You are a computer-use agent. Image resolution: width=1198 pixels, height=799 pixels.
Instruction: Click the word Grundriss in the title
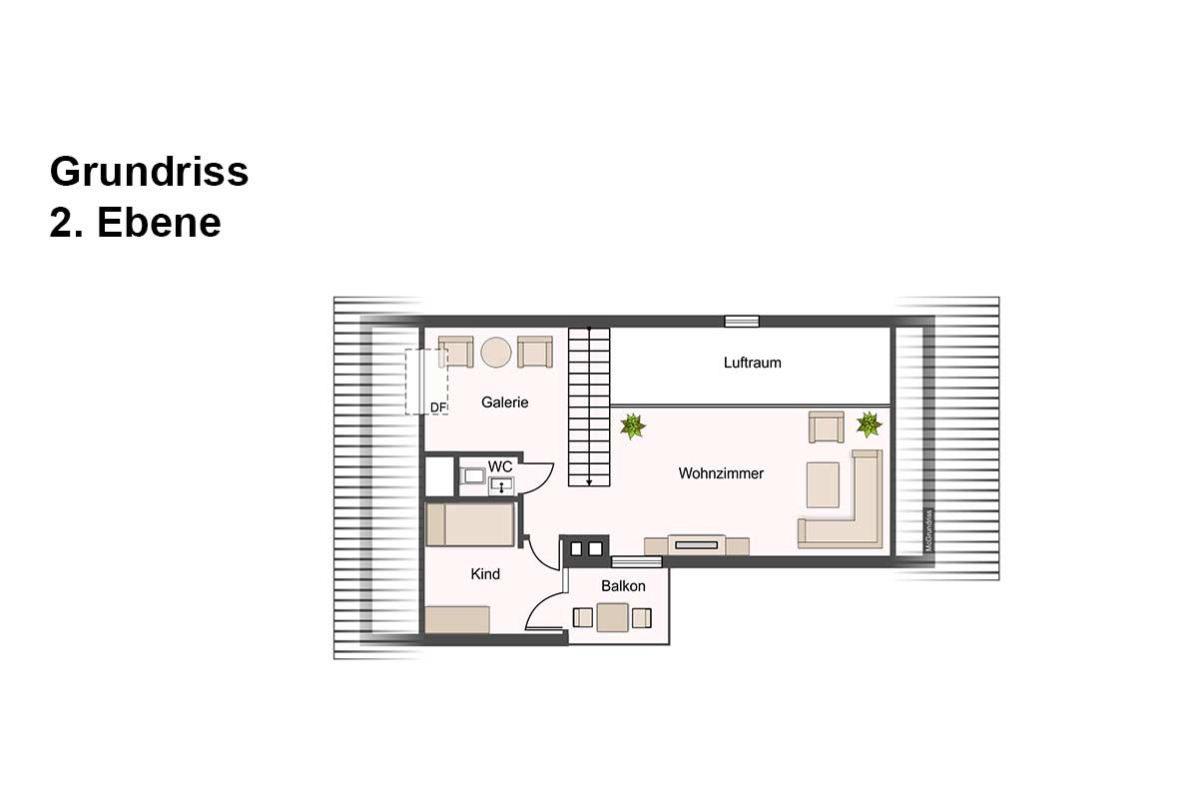pyautogui.click(x=149, y=173)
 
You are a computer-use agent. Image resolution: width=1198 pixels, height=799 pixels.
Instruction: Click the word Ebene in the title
pyautogui.click(x=159, y=223)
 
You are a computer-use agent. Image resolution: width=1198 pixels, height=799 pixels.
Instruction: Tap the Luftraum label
pyautogui.click(x=752, y=363)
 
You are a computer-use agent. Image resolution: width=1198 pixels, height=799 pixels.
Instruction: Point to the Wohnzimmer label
pyautogui.click(x=721, y=473)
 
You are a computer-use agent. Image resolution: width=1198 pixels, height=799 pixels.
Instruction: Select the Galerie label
pyautogui.click(x=504, y=402)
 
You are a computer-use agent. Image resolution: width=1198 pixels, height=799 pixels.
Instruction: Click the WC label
pyautogui.click(x=500, y=466)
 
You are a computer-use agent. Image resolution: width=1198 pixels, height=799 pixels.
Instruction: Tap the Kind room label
pyautogui.click(x=485, y=574)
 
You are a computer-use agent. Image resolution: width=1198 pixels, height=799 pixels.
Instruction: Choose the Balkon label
pyautogui.click(x=623, y=586)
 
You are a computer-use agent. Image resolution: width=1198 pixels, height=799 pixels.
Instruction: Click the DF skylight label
pyautogui.click(x=437, y=407)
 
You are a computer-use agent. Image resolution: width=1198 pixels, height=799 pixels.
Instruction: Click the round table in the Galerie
pyautogui.click(x=496, y=353)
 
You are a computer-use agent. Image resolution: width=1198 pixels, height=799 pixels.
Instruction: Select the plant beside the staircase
pyautogui.click(x=633, y=426)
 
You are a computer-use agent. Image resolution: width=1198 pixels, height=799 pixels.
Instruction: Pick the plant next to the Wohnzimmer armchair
pyautogui.click(x=869, y=424)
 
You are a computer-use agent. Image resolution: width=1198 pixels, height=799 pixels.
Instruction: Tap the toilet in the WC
pyautogui.click(x=473, y=475)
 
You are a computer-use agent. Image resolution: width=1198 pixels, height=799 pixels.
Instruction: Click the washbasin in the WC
pyautogui.click(x=501, y=486)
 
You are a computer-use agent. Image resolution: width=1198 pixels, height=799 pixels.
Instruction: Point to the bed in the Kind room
pyautogui.click(x=470, y=525)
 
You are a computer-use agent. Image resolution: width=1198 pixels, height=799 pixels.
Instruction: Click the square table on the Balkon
pyautogui.click(x=612, y=617)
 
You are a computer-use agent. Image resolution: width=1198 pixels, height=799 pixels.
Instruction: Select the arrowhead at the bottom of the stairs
pyautogui.click(x=589, y=482)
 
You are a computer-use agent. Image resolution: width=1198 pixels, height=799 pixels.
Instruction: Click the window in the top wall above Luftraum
pyautogui.click(x=742, y=322)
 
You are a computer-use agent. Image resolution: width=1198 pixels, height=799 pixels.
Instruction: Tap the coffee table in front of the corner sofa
pyautogui.click(x=823, y=484)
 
